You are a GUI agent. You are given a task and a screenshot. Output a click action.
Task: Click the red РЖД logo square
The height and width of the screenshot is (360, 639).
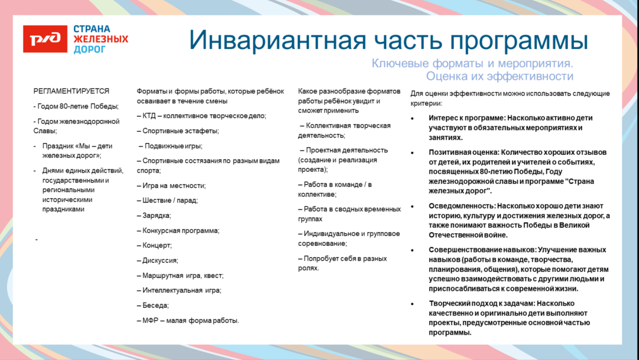click(x=45, y=39)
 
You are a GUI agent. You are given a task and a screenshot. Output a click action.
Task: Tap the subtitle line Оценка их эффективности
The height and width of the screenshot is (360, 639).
click(x=499, y=76)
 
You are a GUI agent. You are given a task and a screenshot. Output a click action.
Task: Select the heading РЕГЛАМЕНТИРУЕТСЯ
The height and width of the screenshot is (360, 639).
click(x=72, y=91)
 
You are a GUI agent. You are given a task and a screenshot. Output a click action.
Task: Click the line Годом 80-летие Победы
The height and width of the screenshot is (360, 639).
click(x=76, y=106)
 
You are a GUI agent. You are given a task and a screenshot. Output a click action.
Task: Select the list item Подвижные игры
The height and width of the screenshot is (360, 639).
click(x=171, y=146)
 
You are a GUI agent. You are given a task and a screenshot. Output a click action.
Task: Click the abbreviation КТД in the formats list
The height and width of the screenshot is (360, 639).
click(x=149, y=116)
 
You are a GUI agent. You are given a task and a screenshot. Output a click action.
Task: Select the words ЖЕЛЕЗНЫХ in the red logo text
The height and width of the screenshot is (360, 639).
click(x=101, y=39)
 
